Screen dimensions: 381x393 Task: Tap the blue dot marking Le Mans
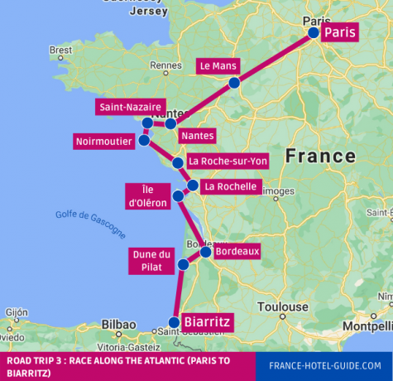(x=234, y=83)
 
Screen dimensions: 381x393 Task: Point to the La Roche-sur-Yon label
(x=228, y=161)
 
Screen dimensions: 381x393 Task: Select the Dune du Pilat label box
(x=152, y=260)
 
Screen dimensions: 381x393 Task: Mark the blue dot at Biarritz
(x=174, y=322)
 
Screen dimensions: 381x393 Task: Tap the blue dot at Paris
(x=314, y=32)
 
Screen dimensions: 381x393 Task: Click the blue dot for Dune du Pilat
(x=183, y=265)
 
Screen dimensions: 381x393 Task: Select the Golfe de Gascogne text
(x=91, y=223)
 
